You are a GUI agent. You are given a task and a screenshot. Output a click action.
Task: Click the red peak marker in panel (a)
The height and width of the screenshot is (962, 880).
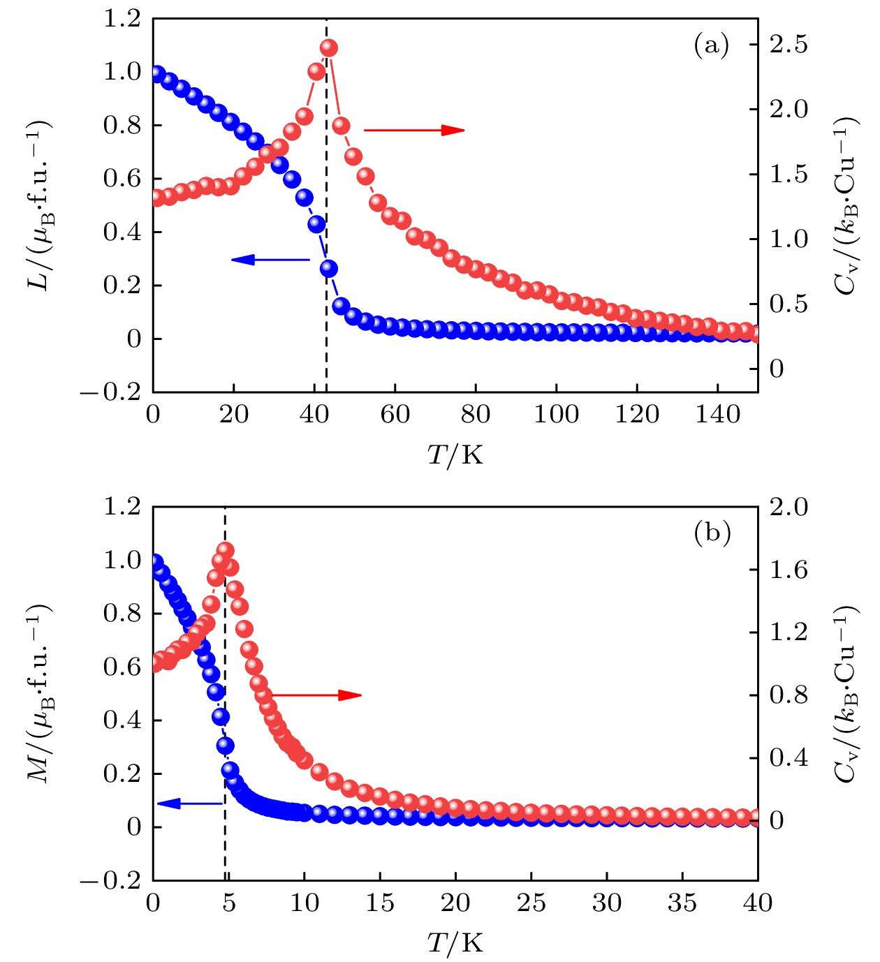point(329,48)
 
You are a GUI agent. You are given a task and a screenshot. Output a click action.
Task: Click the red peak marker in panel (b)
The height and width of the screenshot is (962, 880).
point(226,550)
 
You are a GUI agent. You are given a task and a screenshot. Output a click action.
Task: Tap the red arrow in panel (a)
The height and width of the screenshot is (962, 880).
point(413,129)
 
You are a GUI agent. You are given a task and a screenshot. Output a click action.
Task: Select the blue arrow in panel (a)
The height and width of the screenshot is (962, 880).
point(270,260)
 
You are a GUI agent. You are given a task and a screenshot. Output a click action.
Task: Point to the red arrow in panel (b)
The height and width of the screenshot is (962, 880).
point(316,695)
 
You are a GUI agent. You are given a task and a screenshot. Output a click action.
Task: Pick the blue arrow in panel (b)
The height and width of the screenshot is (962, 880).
point(190,804)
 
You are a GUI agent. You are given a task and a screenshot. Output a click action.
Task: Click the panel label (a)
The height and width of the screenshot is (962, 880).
point(711,46)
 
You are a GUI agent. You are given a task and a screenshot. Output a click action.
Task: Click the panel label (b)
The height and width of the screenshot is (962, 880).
point(712,533)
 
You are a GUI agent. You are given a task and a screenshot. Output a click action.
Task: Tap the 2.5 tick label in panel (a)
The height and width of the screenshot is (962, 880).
point(789,44)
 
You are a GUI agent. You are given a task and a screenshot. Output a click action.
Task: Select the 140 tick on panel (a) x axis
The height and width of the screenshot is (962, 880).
point(717,415)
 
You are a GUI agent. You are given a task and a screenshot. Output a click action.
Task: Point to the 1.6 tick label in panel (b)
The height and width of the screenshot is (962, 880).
point(789,570)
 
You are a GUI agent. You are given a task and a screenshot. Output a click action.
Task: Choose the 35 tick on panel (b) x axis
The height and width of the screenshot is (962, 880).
point(682,903)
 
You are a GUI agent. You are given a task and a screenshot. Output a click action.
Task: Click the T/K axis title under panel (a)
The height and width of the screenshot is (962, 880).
point(455,455)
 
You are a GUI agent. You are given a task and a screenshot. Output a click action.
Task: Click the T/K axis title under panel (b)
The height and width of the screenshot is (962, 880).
point(455,943)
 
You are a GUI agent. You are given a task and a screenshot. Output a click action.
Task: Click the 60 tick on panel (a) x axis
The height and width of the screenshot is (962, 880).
point(395,415)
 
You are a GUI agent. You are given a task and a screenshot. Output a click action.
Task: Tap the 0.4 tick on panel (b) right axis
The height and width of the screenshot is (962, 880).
point(789,757)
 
